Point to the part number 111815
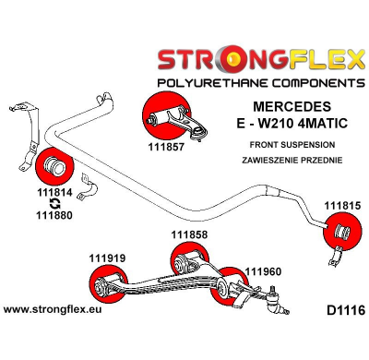click(x=341, y=205)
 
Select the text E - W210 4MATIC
click(x=290, y=123)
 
